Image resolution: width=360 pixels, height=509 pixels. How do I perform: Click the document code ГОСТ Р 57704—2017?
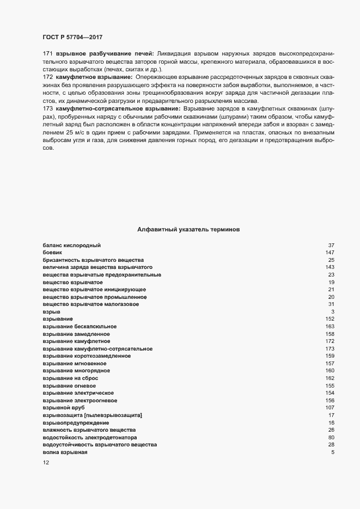[x=72, y=37]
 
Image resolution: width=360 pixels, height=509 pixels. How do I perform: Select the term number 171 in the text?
[x=47, y=53]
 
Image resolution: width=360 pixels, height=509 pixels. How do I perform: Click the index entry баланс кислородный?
[x=71, y=246]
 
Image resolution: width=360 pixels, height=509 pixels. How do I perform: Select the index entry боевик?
[x=52, y=253]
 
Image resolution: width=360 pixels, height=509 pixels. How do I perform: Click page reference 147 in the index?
[x=329, y=253]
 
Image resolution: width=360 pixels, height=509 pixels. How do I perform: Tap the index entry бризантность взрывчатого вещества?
[x=93, y=260]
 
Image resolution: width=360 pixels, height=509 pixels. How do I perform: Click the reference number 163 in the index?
[x=329, y=326]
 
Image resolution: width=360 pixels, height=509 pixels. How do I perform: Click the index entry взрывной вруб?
[x=64, y=407]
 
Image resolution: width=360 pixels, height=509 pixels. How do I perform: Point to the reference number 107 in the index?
[x=329, y=407]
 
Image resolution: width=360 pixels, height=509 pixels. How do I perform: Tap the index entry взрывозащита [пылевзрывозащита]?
[x=93, y=415]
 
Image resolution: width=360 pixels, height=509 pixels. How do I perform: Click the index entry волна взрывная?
[x=65, y=452]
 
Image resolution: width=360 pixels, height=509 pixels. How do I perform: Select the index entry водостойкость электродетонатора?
[x=90, y=437]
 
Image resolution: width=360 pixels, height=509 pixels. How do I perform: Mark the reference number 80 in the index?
[x=331, y=437]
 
